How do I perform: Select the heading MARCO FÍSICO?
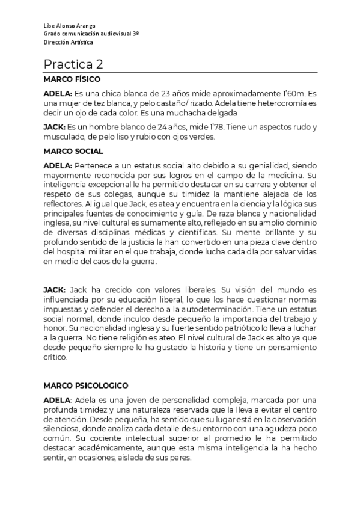72,79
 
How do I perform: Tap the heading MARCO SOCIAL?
73,151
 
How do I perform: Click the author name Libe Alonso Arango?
69,27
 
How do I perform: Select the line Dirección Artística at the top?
68,43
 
